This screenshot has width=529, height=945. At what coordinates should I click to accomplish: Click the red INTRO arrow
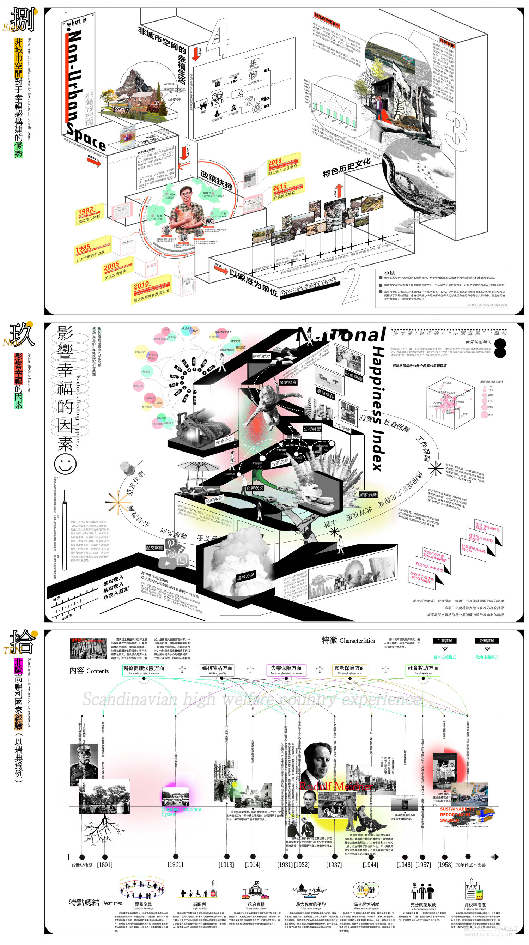[x=94, y=161]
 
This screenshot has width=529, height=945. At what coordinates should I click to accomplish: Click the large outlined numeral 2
[x=352, y=285]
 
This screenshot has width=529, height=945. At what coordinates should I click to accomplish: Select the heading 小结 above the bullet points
[x=389, y=273]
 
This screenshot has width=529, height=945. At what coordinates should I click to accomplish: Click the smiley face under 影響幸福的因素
[x=65, y=464]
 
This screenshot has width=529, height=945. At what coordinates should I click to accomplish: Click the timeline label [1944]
[x=371, y=865]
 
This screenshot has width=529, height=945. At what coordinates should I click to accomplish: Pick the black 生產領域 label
[x=445, y=641]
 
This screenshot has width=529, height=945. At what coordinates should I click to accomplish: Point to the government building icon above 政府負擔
[x=256, y=889]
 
